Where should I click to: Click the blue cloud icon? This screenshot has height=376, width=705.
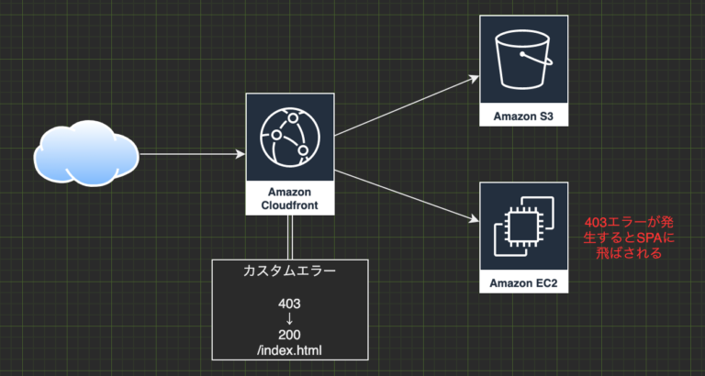[x=87, y=153]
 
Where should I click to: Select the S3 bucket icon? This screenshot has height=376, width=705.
[x=523, y=61]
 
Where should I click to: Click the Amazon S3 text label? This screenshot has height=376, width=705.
[x=523, y=116]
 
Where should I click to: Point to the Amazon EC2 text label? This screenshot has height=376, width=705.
[x=523, y=282]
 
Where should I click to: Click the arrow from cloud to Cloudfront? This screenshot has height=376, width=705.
[x=193, y=154]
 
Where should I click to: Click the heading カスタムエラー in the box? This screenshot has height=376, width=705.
[x=289, y=271]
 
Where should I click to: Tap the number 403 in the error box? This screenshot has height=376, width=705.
[x=289, y=303]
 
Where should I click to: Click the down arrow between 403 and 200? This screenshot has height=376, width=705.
[x=289, y=319]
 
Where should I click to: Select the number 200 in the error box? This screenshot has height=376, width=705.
[x=289, y=335]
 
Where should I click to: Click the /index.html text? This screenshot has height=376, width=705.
[x=289, y=349]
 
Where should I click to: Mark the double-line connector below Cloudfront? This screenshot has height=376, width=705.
[x=289, y=237]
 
